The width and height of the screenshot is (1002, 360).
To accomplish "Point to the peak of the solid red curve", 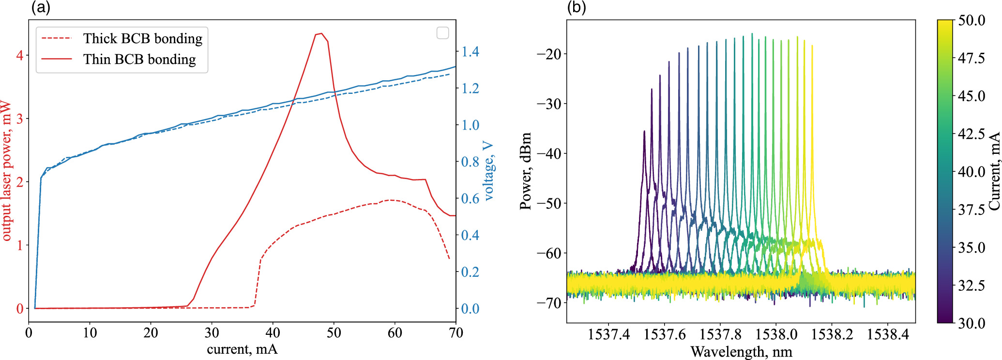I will coord(321,33).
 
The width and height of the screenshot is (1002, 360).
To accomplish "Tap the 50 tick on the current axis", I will coord(334,333).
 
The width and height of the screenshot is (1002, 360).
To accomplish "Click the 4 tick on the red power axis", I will coord(20,55).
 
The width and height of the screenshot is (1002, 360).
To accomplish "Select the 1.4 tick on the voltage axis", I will coord(470,51).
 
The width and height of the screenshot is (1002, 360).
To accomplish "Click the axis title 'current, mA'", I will coord(242,349).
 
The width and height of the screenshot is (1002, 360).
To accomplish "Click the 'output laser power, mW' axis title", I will coord(6,170).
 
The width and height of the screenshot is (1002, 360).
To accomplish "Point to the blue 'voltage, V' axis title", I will coord(489,170).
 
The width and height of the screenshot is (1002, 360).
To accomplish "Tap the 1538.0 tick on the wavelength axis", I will coord(776,334).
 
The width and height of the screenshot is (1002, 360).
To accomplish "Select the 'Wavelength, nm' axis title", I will coord(741,351).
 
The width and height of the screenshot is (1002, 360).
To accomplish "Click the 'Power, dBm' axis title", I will coord(526,170).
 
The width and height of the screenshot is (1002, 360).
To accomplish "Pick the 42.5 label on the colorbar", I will coord(971,134).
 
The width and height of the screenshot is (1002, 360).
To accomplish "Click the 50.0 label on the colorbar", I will coord(971,20).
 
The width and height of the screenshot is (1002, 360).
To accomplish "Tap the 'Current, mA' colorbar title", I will coord(994,170).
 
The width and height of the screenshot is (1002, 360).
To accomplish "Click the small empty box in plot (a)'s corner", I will coord(442,33).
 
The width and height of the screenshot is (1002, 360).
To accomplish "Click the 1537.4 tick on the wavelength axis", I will coord(608,334).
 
